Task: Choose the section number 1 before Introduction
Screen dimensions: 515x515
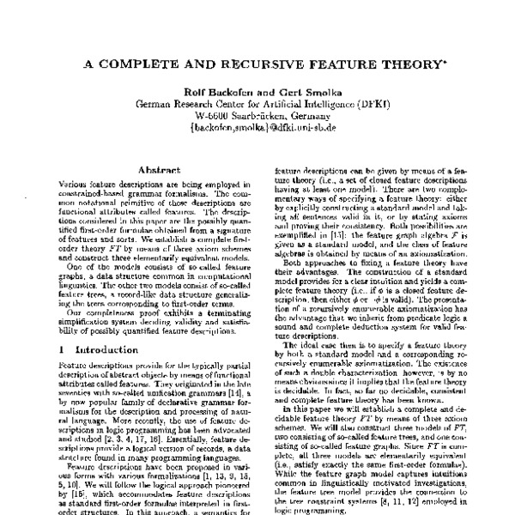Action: pyautogui.click(x=61, y=350)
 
